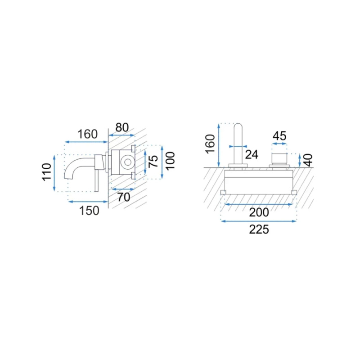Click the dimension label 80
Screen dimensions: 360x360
coord(122,127)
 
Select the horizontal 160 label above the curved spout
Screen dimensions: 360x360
coord(87,134)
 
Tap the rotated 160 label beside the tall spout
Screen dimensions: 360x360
coord(210,144)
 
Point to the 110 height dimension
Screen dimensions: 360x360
coord(47,172)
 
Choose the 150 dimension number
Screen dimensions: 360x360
coord(89,211)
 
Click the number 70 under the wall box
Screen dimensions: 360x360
coord(124,197)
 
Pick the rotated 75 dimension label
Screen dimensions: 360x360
coord(153,162)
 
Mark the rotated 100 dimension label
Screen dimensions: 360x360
coord(170,161)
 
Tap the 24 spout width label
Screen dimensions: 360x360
coord(252,154)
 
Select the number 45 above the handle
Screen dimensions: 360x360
coord(279,136)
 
